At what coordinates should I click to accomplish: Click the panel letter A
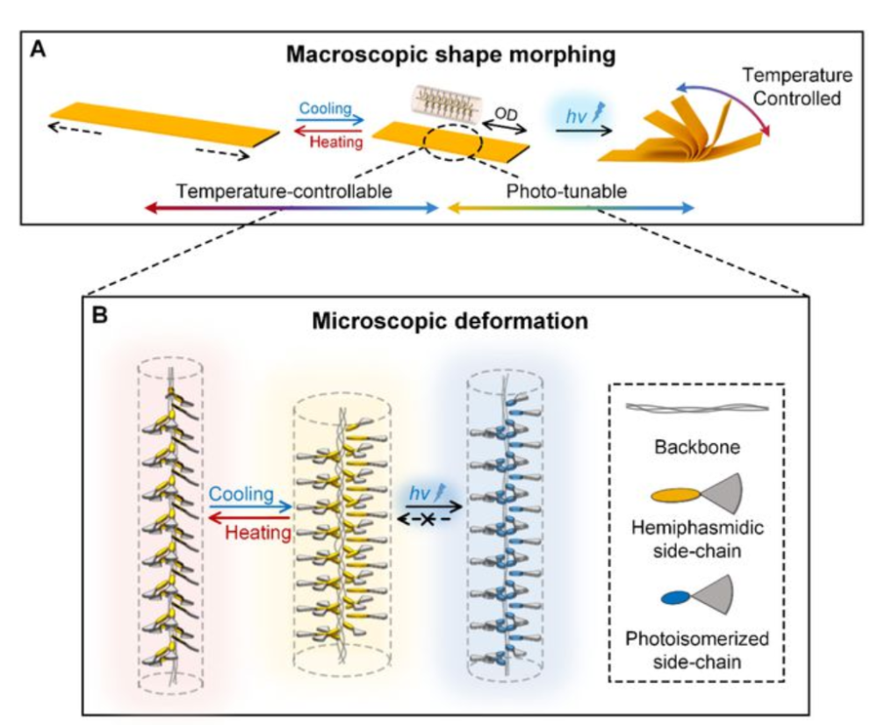[38, 50]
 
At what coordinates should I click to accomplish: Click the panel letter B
[100, 314]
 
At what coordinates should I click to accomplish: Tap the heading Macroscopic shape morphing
[450, 55]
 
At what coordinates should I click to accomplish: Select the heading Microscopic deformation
[450, 321]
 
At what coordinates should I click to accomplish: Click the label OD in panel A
[506, 115]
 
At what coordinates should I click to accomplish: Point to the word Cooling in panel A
[326, 108]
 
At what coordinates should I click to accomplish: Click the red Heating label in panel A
[336, 142]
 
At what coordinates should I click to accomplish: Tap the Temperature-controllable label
[284, 191]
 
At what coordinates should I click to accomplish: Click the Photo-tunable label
[566, 191]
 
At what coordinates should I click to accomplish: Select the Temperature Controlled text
[797, 87]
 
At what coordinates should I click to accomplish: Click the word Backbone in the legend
[697, 447]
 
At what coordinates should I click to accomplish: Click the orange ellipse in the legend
[676, 495]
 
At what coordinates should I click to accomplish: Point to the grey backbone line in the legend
[697, 407]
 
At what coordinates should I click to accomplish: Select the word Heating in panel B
[258, 532]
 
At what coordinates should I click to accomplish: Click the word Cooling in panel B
[241, 494]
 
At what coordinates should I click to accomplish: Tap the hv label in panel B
[420, 492]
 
